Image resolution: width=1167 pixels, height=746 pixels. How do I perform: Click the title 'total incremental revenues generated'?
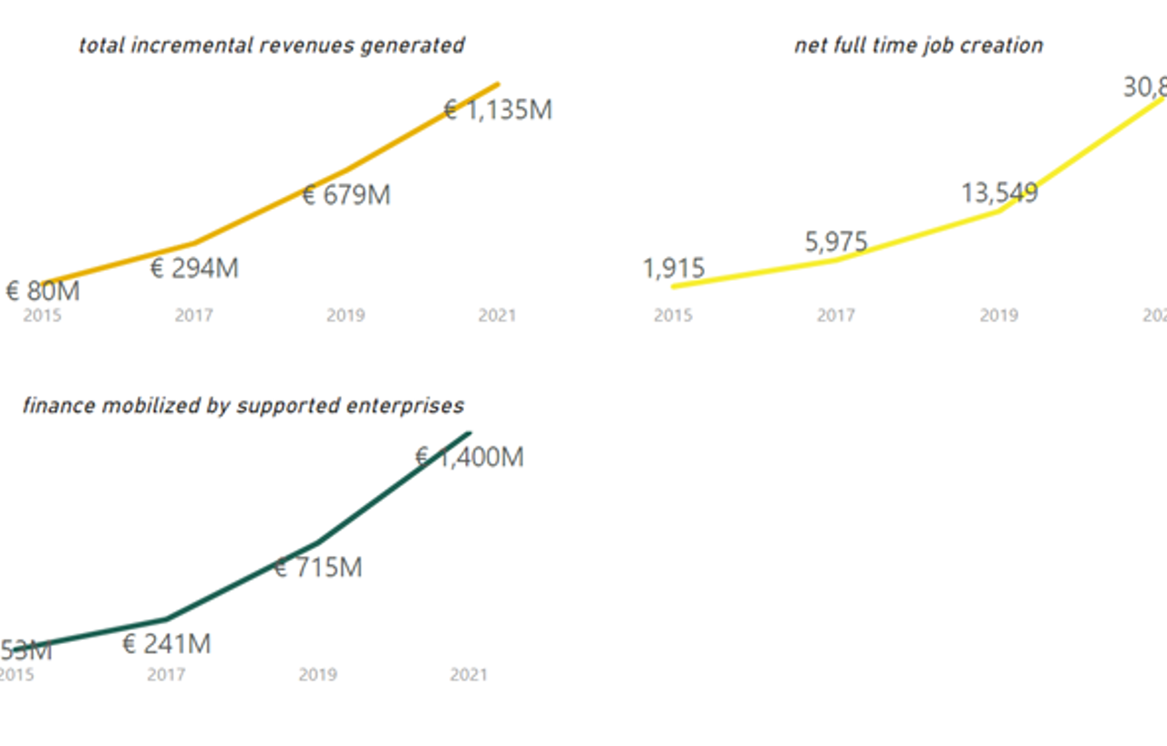(x=271, y=46)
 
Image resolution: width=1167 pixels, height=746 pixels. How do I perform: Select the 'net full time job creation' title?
(x=918, y=46)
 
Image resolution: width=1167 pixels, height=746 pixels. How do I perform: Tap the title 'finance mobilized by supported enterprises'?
(x=243, y=406)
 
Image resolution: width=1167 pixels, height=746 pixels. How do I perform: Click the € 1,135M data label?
(x=498, y=110)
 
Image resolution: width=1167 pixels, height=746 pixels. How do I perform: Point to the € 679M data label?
(x=346, y=195)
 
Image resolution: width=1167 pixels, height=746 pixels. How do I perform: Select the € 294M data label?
(x=194, y=269)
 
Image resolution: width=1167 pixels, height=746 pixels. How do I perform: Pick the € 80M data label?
(x=43, y=292)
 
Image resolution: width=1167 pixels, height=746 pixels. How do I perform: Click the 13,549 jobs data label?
(x=999, y=193)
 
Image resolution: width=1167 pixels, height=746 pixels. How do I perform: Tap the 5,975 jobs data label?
(x=836, y=243)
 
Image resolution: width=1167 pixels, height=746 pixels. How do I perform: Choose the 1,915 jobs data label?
(x=674, y=269)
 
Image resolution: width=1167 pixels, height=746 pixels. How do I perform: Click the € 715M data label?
(x=317, y=568)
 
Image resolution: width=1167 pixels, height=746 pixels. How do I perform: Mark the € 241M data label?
(x=166, y=645)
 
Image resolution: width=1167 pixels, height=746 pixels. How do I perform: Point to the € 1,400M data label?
(x=470, y=457)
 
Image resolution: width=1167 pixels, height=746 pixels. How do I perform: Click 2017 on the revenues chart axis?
(x=194, y=316)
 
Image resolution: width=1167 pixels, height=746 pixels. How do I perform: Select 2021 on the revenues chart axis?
(x=497, y=316)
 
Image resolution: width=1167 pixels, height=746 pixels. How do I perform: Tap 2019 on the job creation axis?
(x=999, y=316)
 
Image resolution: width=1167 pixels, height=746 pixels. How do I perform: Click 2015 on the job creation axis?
(x=673, y=316)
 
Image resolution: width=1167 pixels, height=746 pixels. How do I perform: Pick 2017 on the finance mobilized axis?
(x=166, y=676)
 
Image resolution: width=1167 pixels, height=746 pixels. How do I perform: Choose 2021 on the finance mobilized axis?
(x=469, y=676)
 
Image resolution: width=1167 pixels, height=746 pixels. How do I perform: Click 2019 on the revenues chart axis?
(x=346, y=316)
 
